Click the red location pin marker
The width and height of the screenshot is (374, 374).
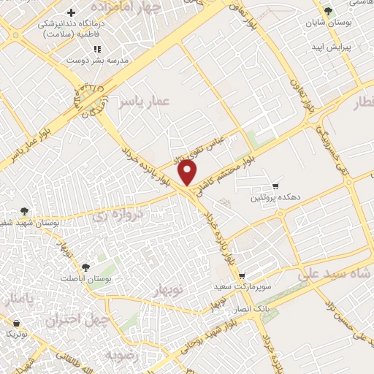(188, 172)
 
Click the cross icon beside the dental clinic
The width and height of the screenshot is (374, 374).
(70, 13)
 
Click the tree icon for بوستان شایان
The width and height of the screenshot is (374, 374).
(329, 11)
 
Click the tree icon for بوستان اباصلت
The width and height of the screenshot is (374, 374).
(85, 268)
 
